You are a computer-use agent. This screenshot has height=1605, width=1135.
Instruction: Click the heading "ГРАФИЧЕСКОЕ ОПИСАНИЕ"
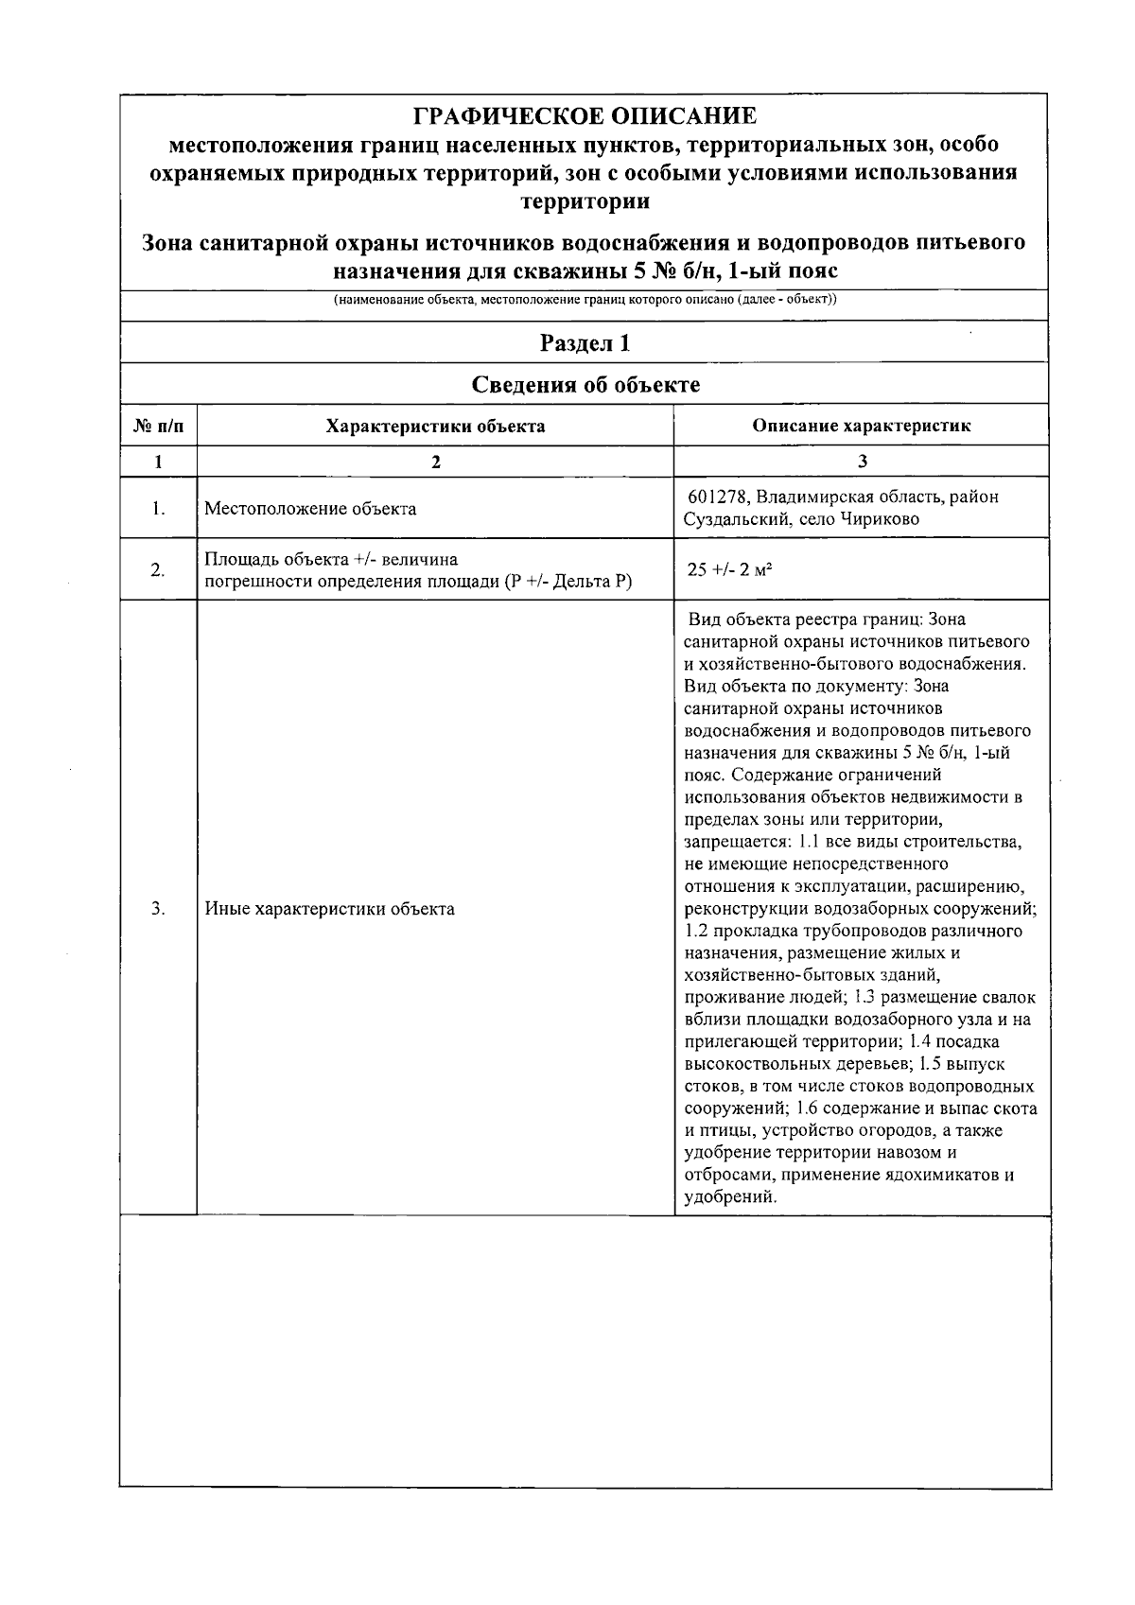(585, 116)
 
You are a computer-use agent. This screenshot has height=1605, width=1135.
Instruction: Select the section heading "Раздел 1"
(585, 342)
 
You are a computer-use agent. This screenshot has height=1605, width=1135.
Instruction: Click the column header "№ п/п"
(158, 426)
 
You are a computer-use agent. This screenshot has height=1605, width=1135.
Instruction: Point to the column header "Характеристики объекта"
(435, 426)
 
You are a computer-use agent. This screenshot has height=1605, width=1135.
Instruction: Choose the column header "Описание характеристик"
(861, 426)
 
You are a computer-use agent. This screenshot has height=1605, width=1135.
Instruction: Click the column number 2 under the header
(435, 462)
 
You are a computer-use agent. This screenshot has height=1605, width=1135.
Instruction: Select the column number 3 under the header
(861, 462)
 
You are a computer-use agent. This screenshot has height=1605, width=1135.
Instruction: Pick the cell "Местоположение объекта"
(310, 509)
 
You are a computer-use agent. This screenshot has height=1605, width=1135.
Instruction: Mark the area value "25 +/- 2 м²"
(725, 569)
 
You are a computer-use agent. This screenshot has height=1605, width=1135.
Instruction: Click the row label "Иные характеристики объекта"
(329, 909)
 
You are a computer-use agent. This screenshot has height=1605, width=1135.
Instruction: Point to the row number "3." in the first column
(158, 909)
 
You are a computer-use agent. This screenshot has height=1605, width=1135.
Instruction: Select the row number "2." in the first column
(158, 569)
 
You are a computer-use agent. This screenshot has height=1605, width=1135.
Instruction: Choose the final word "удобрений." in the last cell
(730, 1197)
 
